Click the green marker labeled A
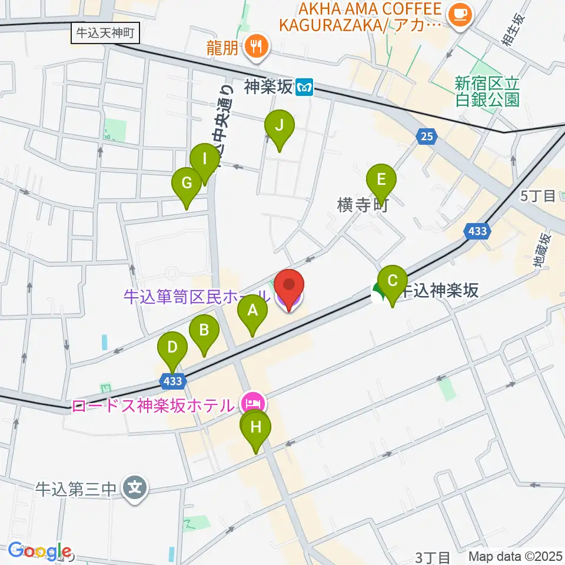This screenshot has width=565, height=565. tap(252, 311)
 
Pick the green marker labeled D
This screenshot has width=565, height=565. tap(172, 348)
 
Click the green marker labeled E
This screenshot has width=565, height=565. tap(381, 180)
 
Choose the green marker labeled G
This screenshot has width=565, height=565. tap(187, 184)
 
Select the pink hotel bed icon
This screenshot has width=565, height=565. tap(252, 404)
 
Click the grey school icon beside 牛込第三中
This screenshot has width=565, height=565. tap(135, 488)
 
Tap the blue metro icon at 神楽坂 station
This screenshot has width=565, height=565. tap(304, 88)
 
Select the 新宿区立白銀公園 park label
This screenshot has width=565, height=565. tap(487, 92)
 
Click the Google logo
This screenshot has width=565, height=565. tap(39, 551)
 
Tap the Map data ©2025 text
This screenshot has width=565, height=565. tap(516, 556)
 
